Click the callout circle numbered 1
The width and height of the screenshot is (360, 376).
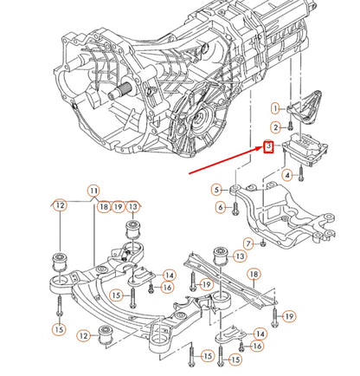coord(276,108)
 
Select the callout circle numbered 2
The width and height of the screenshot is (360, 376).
coord(276,127)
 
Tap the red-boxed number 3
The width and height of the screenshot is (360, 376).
coord(269,147)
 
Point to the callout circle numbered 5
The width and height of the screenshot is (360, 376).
coord(215,189)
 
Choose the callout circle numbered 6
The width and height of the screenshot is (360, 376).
coord(215,208)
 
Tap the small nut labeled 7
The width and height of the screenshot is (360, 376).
coord(262,244)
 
